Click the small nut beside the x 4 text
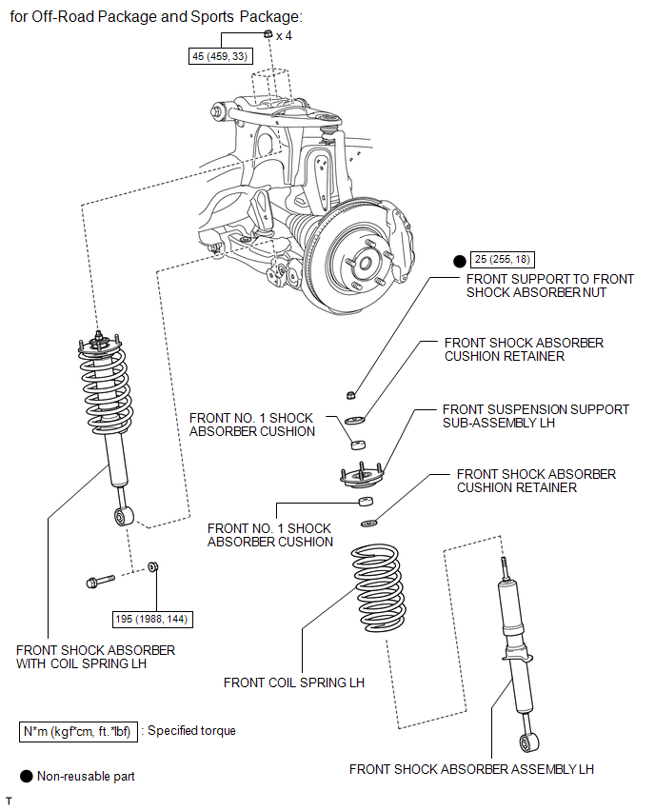[268, 34]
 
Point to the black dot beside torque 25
[458, 259]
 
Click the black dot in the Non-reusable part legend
[26, 777]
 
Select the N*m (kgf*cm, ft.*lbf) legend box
[77, 731]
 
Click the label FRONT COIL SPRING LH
[294, 682]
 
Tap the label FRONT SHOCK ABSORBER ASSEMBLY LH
[471, 769]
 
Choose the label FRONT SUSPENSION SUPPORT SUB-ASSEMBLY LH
[535, 416]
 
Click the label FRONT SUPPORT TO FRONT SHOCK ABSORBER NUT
[549, 286]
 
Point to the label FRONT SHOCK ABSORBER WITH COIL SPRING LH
[95, 657]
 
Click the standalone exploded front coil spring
[377, 588]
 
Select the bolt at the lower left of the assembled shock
[99, 581]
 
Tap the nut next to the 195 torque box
[154, 568]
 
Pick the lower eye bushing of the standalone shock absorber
[526, 742]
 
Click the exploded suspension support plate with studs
[360, 473]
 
